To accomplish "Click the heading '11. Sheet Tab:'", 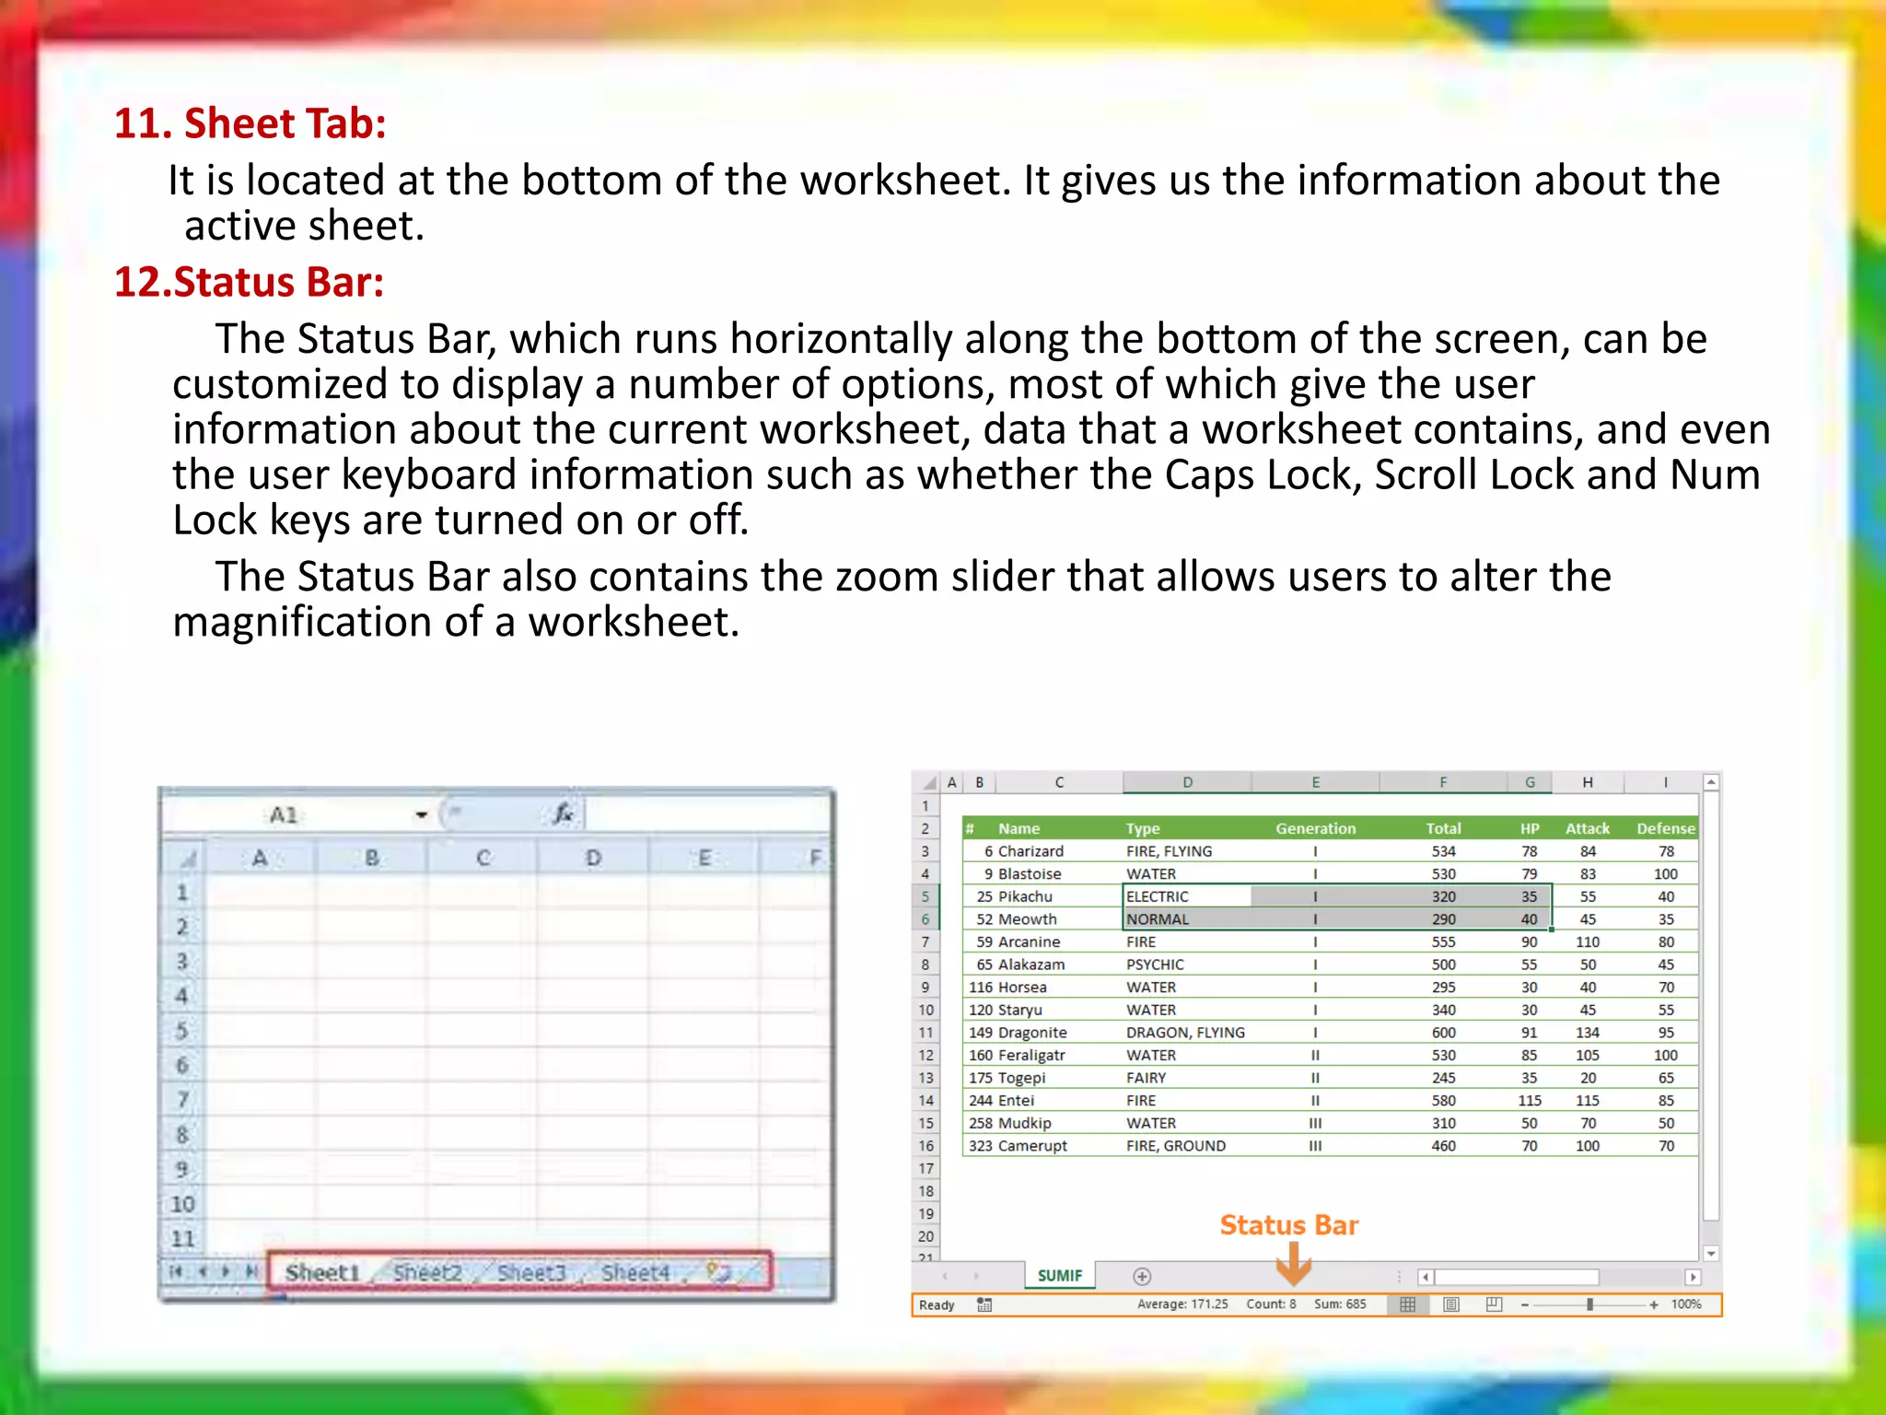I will (x=250, y=123).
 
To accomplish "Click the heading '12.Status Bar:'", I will (x=249, y=282).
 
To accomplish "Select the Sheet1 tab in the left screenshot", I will (x=321, y=1272).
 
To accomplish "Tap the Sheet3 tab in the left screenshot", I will (x=530, y=1272).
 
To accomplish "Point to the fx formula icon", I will (x=563, y=813).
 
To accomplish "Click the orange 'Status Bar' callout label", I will (x=1288, y=1225).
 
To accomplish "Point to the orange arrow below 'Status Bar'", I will (x=1293, y=1264).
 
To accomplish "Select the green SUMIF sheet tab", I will (x=1059, y=1275).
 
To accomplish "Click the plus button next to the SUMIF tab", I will (x=1142, y=1276).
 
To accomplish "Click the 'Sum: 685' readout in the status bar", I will (x=1340, y=1304).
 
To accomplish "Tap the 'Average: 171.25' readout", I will (x=1182, y=1304).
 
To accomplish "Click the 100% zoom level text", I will (x=1686, y=1304).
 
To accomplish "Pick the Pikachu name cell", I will (x=1025, y=896).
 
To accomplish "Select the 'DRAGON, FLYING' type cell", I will (x=1185, y=1033).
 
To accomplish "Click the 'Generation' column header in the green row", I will (x=1315, y=828).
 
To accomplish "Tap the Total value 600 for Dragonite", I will (x=1443, y=1033).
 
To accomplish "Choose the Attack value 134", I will (x=1587, y=1033).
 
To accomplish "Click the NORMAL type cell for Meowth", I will (x=1158, y=919).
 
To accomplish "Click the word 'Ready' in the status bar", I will (x=937, y=1304).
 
